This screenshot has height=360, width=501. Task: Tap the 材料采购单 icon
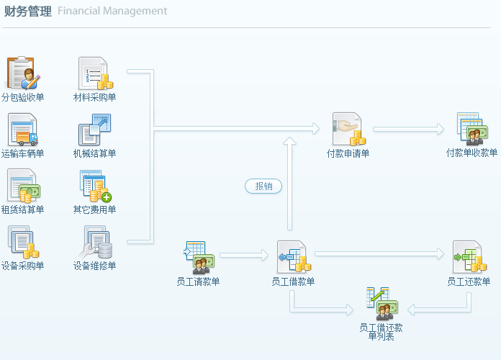click(94, 73)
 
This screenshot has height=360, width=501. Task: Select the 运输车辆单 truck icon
click(23, 130)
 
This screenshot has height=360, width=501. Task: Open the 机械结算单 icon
click(94, 130)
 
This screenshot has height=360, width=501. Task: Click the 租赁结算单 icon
click(23, 186)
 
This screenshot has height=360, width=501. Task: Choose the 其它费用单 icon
click(94, 186)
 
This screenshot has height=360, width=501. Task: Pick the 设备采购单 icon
click(23, 242)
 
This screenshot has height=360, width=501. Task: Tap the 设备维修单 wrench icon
click(94, 242)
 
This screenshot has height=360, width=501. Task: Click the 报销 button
click(263, 186)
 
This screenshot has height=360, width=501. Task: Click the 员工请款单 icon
click(197, 257)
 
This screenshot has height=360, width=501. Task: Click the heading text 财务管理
click(27, 12)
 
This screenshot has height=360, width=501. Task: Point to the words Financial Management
click(112, 12)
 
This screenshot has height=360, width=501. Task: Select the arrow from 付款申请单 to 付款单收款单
click(409, 130)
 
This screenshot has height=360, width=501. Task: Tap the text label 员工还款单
click(469, 282)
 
